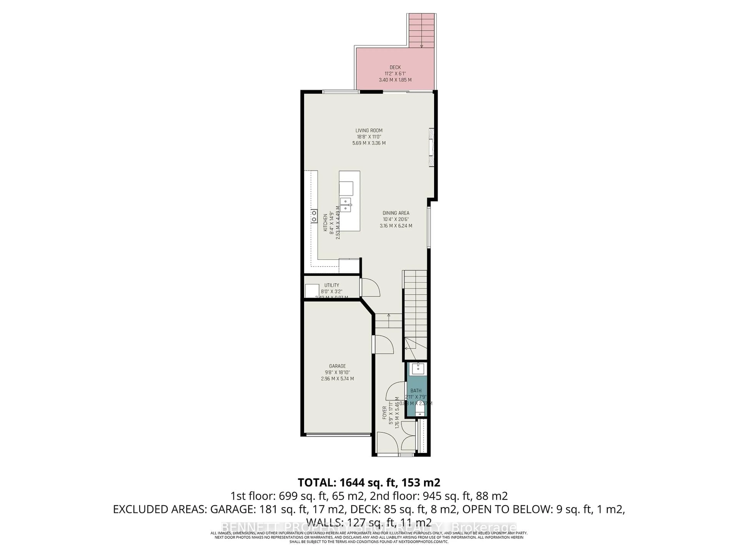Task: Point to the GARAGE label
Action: pyautogui.click(x=337, y=366)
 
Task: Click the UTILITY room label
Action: pyautogui.click(x=332, y=285)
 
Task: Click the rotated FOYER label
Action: pyautogui.click(x=384, y=413)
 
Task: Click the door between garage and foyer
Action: pyautogui.click(x=384, y=345)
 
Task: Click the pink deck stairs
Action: pyautogui.click(x=422, y=31)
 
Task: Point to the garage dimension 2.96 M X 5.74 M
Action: pyautogui.click(x=337, y=379)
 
